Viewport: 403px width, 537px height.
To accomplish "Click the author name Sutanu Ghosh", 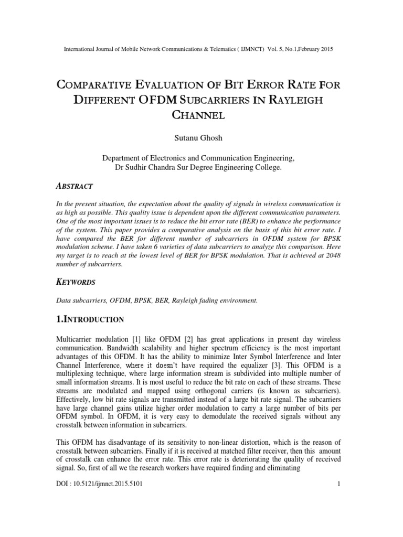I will (201, 138).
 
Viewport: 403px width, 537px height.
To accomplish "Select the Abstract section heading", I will (75, 186).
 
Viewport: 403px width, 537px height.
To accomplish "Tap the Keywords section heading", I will (76, 282).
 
